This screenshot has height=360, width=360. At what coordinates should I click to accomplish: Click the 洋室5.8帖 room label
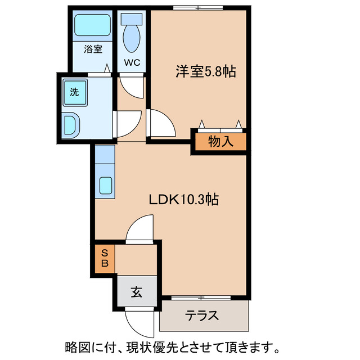(x=205, y=72)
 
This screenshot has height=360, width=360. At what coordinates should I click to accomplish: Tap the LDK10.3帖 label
(x=183, y=199)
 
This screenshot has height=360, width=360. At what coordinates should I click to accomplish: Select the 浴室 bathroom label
(x=93, y=49)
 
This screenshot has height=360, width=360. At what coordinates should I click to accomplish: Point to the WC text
(x=132, y=62)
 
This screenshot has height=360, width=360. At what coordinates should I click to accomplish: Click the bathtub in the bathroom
(x=93, y=25)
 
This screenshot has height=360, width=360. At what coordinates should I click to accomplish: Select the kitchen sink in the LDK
(x=105, y=185)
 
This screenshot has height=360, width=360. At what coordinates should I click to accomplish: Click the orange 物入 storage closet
(x=220, y=142)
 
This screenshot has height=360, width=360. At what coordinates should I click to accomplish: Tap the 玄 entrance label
(x=136, y=292)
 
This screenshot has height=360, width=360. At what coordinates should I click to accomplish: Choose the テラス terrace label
(x=202, y=316)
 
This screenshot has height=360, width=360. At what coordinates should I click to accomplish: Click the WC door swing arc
(x=130, y=87)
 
